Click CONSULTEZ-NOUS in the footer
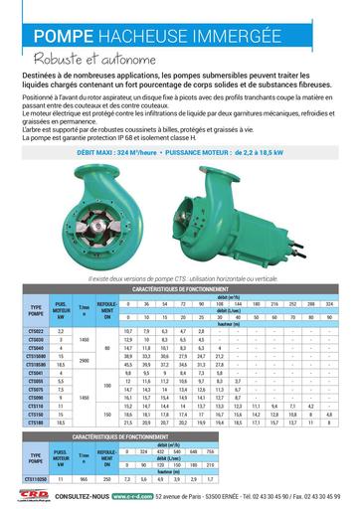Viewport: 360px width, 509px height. [81, 497]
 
